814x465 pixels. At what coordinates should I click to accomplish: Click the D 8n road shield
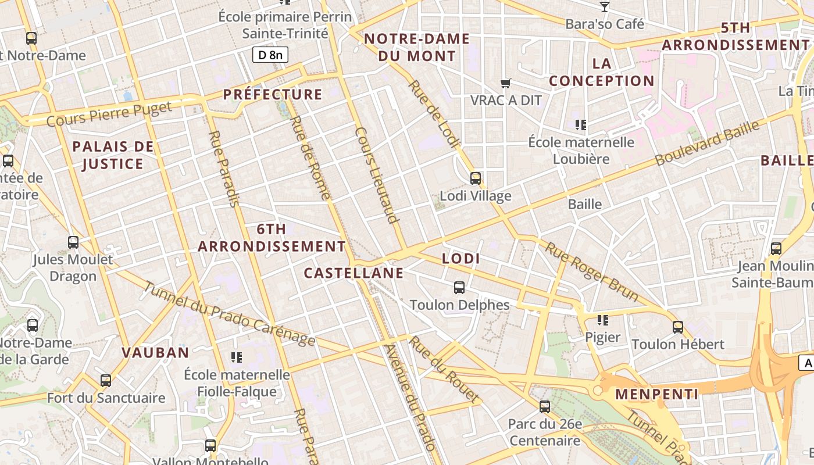pos(270,55)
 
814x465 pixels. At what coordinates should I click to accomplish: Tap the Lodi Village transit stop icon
pos(476,178)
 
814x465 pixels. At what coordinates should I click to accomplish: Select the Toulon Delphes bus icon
pos(459,287)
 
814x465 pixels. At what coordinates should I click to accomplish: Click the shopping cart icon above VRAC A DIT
pos(506,84)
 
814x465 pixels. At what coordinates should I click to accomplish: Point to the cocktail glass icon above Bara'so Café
pos(605,7)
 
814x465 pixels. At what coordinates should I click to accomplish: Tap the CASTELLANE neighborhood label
pos(354,273)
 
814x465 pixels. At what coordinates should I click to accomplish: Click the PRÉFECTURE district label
pos(273,95)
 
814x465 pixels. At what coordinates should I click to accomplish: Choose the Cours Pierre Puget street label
pos(109,114)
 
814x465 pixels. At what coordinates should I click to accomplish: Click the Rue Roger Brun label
pos(591,272)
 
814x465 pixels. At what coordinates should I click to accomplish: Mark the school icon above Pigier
pos(603,320)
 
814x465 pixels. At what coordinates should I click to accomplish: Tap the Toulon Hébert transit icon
pos(678,327)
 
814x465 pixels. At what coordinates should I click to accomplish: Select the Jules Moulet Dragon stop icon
pos(73,242)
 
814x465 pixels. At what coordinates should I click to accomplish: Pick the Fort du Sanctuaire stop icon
pos(106,381)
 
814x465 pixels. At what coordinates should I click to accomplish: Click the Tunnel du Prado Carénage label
pos(229,314)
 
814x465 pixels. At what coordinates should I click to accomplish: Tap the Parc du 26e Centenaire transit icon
pos(545,407)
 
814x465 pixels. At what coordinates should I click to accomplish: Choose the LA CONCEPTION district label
pos(602,72)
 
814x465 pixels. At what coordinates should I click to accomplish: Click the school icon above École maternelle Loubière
pos(580,124)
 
